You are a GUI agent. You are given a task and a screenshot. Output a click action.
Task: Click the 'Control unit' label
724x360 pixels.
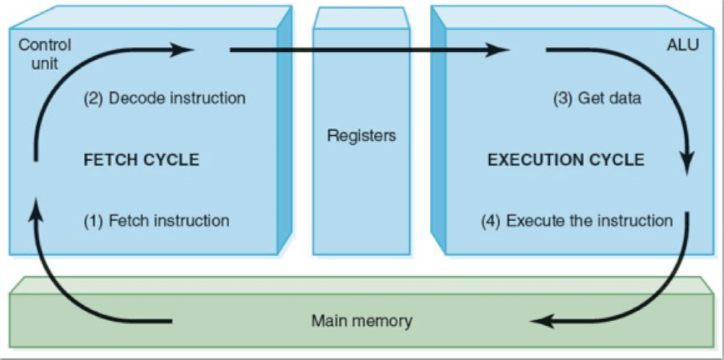(x=45, y=53)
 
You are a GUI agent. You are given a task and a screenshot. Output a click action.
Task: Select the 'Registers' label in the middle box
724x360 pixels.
(x=361, y=135)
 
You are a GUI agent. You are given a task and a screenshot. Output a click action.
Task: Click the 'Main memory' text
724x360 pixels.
(x=362, y=320)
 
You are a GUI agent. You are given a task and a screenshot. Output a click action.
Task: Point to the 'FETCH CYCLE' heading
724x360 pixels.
(x=142, y=160)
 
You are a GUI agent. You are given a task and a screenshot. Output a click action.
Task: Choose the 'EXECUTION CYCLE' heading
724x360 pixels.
(x=566, y=160)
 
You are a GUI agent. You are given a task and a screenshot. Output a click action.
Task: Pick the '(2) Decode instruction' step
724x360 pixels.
(x=165, y=98)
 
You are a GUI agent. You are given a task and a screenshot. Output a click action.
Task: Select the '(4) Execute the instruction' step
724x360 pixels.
(x=577, y=220)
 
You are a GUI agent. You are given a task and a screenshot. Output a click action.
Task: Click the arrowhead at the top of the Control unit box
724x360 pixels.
(x=185, y=50)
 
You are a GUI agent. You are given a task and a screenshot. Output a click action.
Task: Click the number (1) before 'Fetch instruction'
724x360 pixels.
(x=94, y=220)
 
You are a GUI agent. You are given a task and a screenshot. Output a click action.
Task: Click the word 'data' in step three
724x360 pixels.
(x=624, y=98)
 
